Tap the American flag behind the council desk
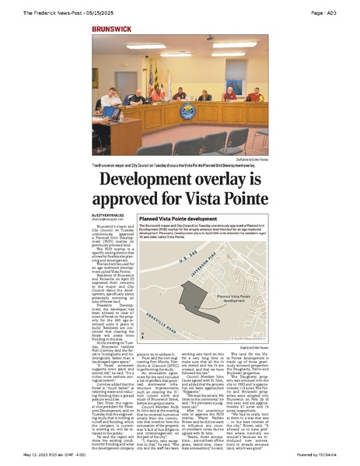[x=151, y=82]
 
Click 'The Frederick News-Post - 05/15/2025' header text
[x=61, y=12]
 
